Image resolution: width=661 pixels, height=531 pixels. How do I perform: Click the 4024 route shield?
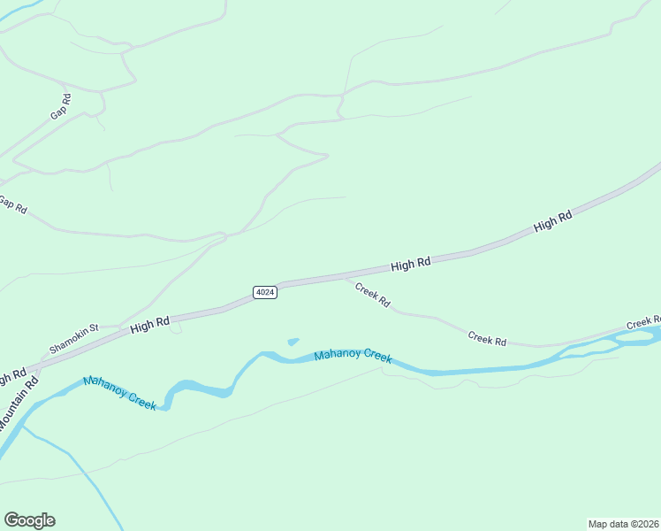point(265,292)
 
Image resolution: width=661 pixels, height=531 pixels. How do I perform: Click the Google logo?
point(29,520)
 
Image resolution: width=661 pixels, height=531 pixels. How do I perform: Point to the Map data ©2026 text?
point(624,524)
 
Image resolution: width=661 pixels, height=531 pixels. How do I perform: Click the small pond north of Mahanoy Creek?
point(293,342)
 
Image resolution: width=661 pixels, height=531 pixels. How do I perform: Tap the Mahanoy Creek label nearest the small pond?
point(353,356)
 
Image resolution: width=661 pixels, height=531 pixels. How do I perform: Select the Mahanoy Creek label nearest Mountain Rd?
point(119,392)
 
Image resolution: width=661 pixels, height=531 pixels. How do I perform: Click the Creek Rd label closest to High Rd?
point(372,294)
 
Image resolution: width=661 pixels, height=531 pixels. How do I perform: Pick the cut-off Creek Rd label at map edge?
point(644,322)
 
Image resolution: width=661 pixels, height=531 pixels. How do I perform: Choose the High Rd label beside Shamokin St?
point(148,325)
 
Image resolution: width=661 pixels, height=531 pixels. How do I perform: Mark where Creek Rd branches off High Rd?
point(346,277)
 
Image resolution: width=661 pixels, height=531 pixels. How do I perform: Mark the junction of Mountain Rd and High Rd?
point(34,367)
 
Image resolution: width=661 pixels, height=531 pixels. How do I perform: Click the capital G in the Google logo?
point(12,520)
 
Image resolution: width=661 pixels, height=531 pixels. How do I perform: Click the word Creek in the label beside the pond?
point(376,357)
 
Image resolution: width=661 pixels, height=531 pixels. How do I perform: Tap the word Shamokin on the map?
point(68,341)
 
